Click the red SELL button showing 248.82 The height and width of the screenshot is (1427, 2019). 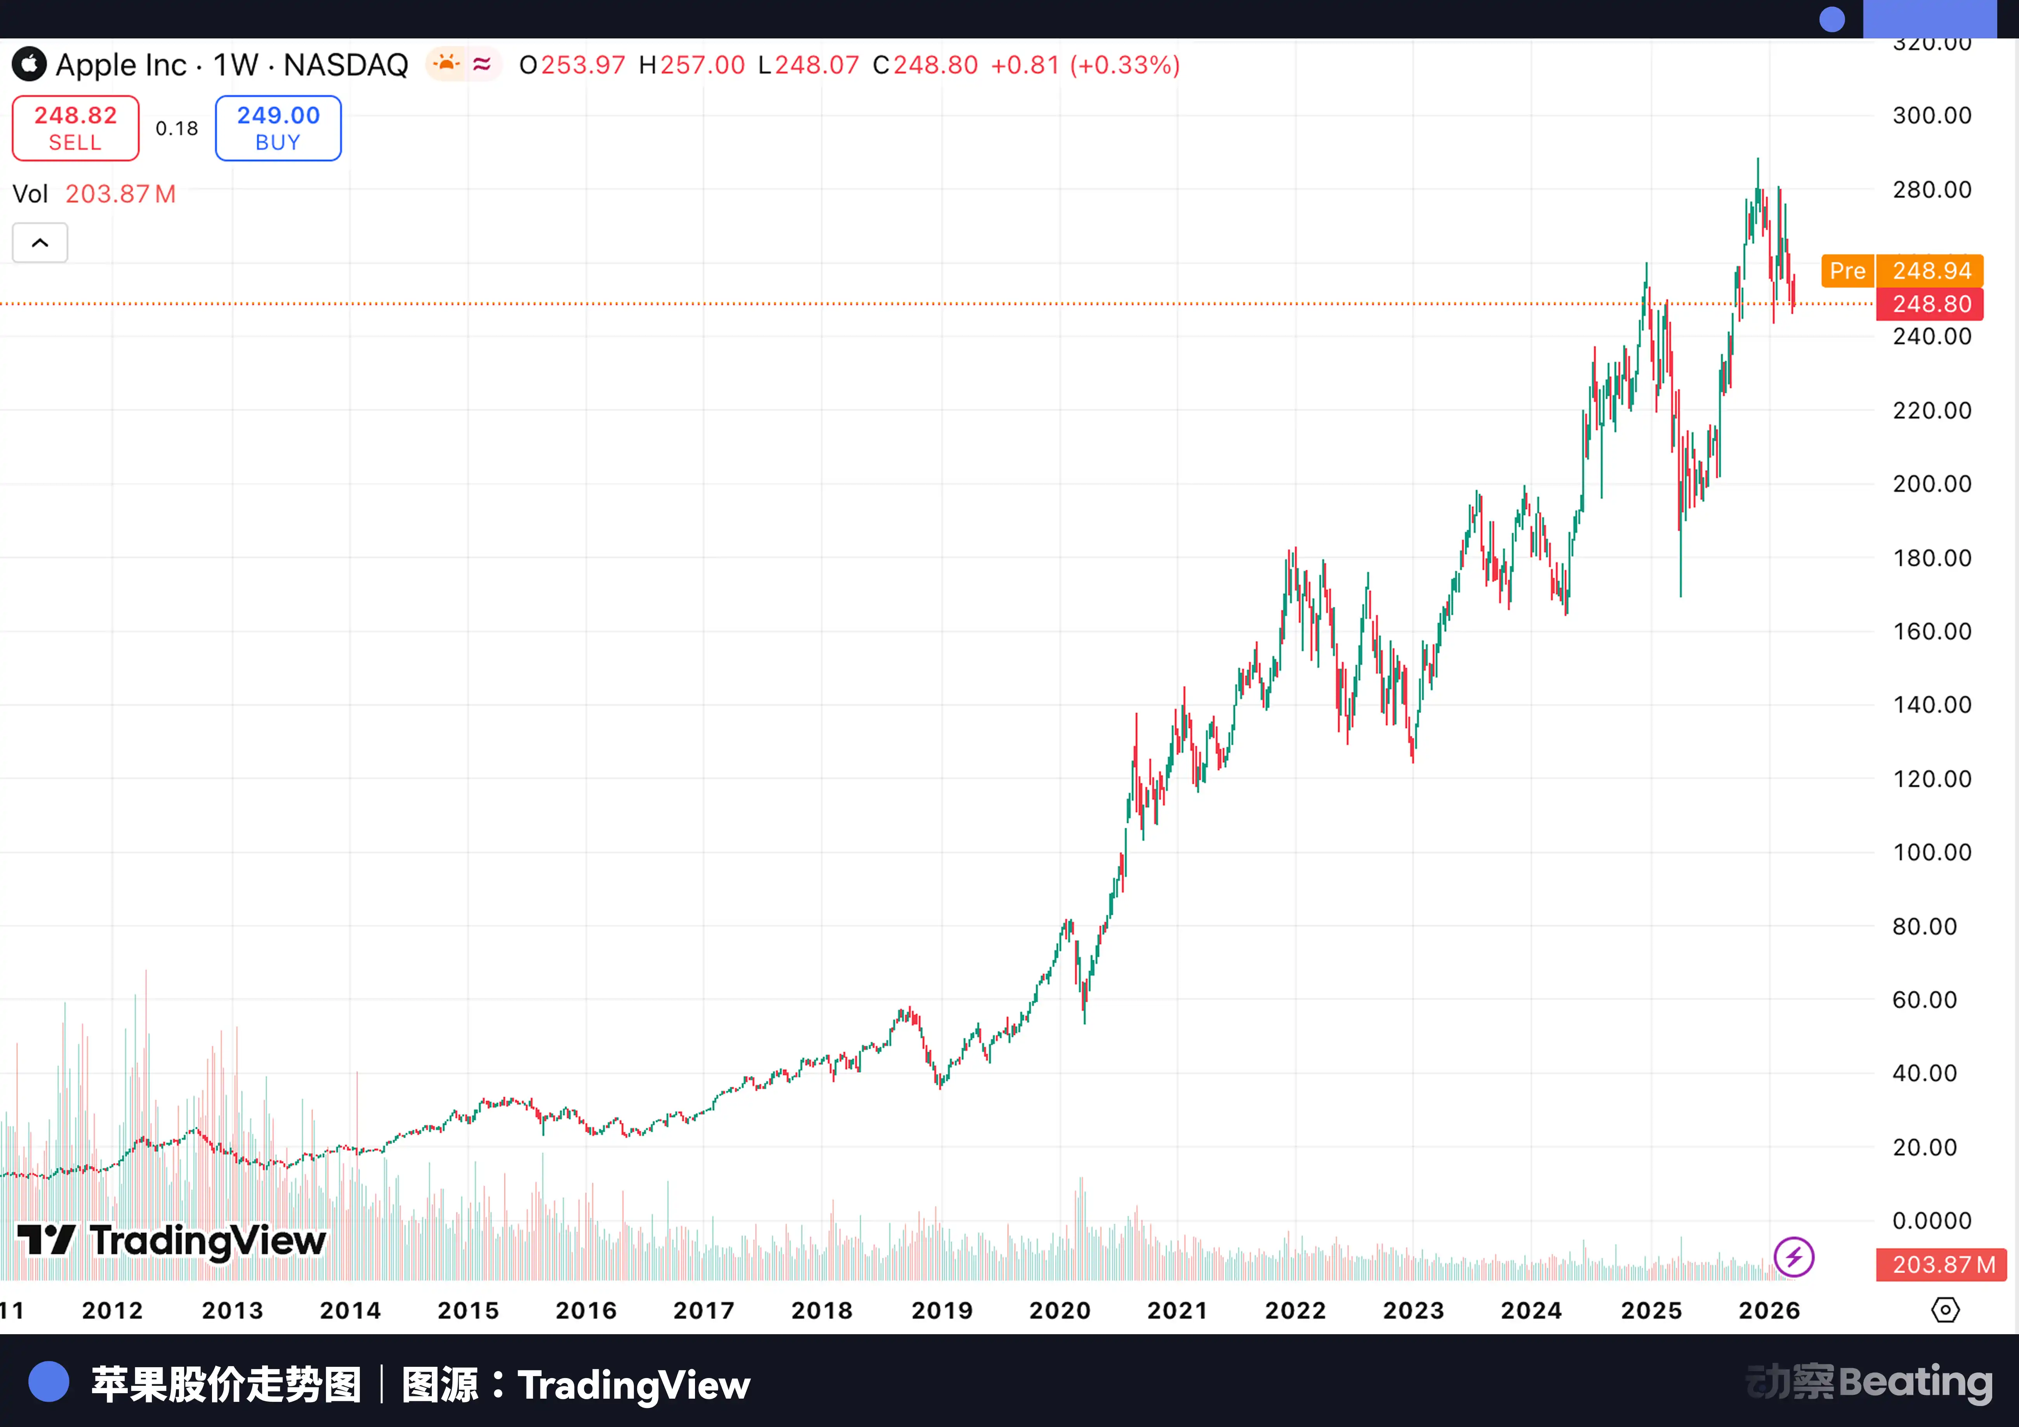[x=76, y=129]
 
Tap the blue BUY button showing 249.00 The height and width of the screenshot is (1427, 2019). [x=278, y=129]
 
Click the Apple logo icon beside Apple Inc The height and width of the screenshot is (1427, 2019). [x=29, y=64]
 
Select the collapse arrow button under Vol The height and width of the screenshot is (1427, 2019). [x=40, y=243]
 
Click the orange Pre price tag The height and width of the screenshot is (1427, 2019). [x=1847, y=271]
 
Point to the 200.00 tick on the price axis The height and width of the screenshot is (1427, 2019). [x=1931, y=483]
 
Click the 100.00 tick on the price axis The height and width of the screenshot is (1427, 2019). [x=1931, y=852]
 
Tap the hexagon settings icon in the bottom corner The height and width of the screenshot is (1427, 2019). [x=1945, y=1310]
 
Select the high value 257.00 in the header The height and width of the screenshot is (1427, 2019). [x=702, y=65]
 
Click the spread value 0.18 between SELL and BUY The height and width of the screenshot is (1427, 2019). [x=177, y=129]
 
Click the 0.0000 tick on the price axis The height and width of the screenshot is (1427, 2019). [x=1931, y=1220]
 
